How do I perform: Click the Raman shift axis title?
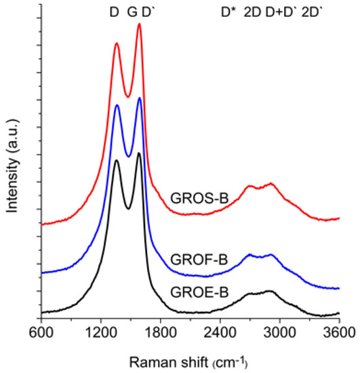coord(191,359)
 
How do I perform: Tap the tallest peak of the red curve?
coord(139,24)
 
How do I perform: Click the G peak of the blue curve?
coord(139,98)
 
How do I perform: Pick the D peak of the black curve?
coord(117,160)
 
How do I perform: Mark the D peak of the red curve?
coord(117,43)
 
